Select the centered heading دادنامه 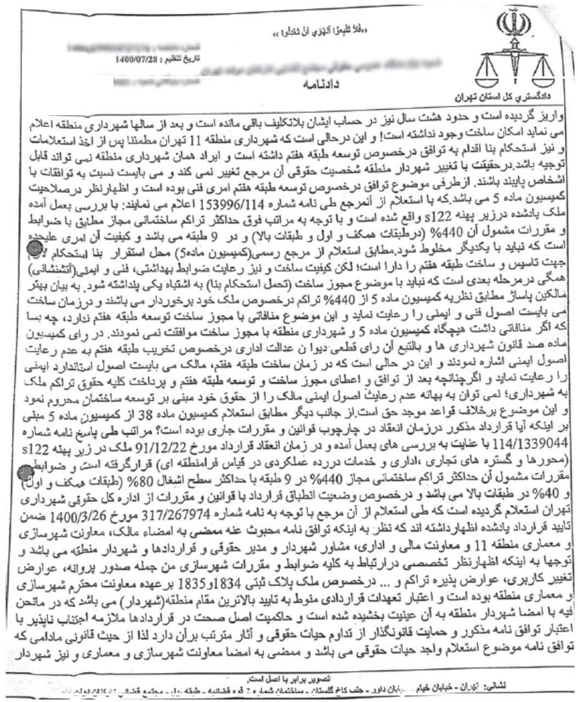tap(322, 85)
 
